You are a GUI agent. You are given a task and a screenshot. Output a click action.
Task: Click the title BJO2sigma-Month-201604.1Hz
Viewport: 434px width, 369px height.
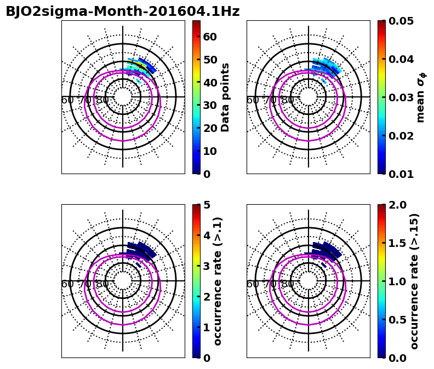tap(123, 11)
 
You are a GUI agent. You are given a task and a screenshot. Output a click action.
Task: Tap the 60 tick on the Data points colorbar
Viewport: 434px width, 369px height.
tap(210, 37)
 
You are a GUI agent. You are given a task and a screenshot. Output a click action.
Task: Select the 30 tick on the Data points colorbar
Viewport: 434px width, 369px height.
tap(210, 105)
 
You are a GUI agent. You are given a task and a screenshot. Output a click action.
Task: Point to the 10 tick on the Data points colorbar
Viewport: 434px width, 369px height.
tap(210, 151)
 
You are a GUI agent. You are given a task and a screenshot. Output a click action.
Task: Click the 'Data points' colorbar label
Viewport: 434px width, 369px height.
tap(225, 97)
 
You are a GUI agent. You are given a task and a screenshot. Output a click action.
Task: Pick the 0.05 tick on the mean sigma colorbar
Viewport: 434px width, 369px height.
tap(401, 21)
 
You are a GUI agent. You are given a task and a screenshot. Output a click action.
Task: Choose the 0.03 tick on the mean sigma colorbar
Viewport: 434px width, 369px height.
tap(401, 97)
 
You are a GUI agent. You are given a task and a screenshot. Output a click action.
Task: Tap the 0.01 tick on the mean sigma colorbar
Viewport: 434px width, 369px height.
tap(401, 174)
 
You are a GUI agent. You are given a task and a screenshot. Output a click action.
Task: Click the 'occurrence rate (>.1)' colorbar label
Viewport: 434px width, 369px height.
tap(218, 281)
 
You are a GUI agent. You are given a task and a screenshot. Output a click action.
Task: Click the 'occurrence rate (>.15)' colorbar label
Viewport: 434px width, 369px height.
tap(414, 281)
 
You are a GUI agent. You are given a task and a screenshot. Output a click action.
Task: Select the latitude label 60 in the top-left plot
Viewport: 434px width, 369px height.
tap(67, 100)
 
